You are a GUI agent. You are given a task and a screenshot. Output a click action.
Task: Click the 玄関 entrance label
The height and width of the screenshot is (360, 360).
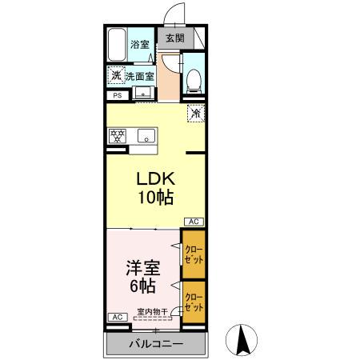click(174, 38)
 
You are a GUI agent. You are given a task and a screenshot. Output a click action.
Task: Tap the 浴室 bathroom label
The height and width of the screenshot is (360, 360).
click(140, 45)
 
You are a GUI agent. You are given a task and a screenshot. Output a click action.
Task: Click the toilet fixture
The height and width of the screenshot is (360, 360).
click(193, 78)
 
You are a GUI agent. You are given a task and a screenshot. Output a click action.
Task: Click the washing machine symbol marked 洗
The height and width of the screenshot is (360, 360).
click(117, 76)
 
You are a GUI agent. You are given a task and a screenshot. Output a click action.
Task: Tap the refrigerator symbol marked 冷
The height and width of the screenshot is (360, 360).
click(194, 113)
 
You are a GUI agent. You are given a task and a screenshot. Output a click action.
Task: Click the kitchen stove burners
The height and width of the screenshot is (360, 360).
click(118, 135)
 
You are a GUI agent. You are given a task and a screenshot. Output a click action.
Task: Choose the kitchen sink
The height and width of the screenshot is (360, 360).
click(146, 134)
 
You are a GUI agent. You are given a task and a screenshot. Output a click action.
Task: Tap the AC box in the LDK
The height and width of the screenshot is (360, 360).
click(194, 222)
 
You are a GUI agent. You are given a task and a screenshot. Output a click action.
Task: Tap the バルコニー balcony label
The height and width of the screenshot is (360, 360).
click(156, 345)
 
